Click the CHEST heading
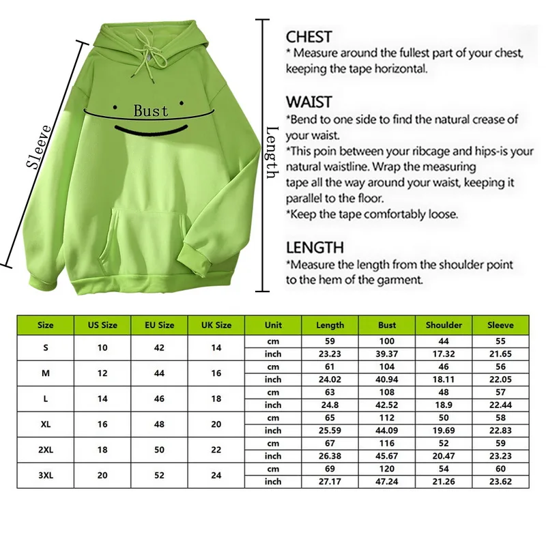pos(308,37)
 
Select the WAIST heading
pos(308,102)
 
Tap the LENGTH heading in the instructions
pos(315,247)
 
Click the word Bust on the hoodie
pos(150,109)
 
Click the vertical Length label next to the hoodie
pos(272,153)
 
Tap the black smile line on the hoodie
pos(150,130)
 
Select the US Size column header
pos(102,325)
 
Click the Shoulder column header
pos(444,325)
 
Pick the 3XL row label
pos(46,475)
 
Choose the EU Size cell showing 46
pos(159,399)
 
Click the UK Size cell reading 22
pos(216,450)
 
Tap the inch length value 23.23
pos(330,354)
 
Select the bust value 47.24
pos(387,481)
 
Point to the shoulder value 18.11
pos(444,379)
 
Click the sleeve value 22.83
pos(501,430)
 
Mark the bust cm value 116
pos(387,443)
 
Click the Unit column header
pos(273,325)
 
